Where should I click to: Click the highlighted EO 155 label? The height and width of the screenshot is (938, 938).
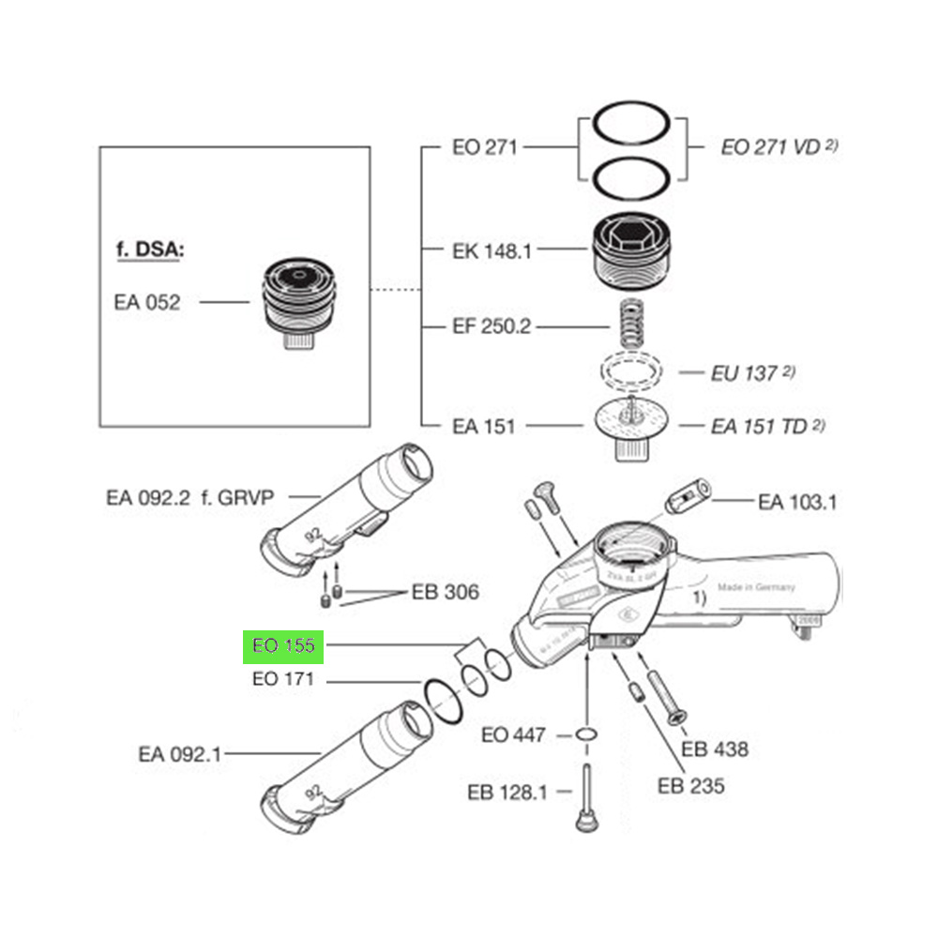[283, 646]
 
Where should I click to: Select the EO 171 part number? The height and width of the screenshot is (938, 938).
[282, 679]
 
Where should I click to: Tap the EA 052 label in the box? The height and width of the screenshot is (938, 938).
[147, 303]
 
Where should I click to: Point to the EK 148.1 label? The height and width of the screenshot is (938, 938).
[492, 250]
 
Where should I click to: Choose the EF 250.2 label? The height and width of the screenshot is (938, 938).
[492, 326]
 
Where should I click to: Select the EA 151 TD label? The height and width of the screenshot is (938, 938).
[759, 426]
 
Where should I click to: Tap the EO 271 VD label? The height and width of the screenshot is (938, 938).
[771, 147]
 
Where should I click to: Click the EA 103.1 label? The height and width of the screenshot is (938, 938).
[798, 502]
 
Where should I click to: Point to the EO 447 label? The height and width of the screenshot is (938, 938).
[513, 734]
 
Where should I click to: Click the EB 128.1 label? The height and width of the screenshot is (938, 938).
[507, 793]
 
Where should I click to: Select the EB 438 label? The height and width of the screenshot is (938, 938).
[715, 749]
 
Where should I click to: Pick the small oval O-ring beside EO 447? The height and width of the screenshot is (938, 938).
[586, 734]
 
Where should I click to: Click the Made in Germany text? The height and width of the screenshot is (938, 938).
[756, 587]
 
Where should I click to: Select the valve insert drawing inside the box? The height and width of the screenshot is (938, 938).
[296, 301]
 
